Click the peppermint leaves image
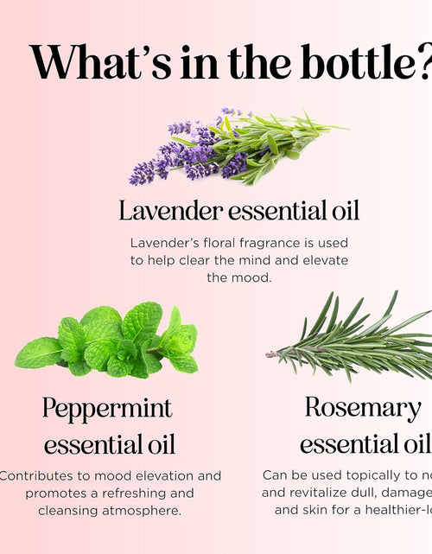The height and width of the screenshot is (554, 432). (x=108, y=341)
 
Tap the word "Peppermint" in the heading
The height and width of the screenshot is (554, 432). (x=107, y=407)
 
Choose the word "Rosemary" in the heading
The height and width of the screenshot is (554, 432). (x=362, y=407)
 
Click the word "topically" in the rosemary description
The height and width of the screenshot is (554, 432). (x=362, y=475)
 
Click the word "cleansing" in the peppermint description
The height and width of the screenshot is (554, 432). (x=66, y=510)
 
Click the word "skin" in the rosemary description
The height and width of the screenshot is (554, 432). (x=321, y=510)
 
